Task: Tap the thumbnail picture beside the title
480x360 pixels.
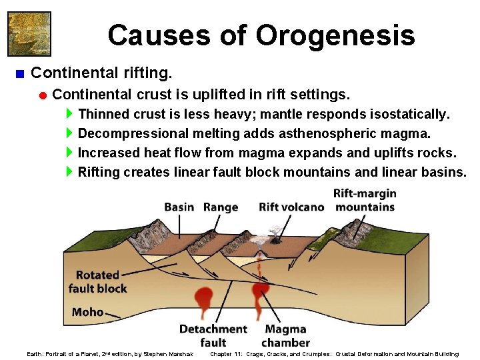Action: point(29,33)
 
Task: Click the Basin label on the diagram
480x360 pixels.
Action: point(179,207)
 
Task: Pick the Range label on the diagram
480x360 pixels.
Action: point(221,207)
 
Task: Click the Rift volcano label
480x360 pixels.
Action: point(291,207)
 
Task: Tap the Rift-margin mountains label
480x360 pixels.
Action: point(365,200)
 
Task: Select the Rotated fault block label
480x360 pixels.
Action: point(97,281)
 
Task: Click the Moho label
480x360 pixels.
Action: point(87,311)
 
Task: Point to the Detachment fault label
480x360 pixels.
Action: point(213,335)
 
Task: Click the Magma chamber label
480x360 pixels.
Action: point(285,335)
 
